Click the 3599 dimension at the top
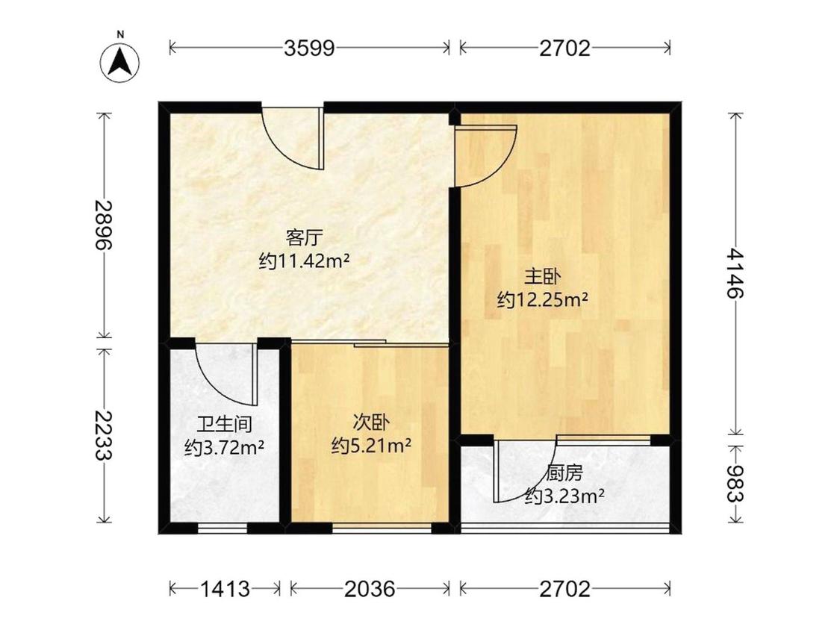(x=309, y=49)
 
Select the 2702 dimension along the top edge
(x=564, y=49)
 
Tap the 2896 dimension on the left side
(x=103, y=225)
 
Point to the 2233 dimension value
(x=103, y=435)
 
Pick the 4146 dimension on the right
(x=735, y=273)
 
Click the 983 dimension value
(x=735, y=484)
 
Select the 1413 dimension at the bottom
(x=225, y=589)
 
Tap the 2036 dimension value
(x=370, y=589)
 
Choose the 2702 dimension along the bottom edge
(x=564, y=589)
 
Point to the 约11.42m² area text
(x=305, y=261)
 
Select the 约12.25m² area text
(x=543, y=300)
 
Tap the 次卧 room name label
(x=370, y=422)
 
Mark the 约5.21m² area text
(x=371, y=445)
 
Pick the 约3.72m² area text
(x=224, y=447)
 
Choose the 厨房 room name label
(x=564, y=473)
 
